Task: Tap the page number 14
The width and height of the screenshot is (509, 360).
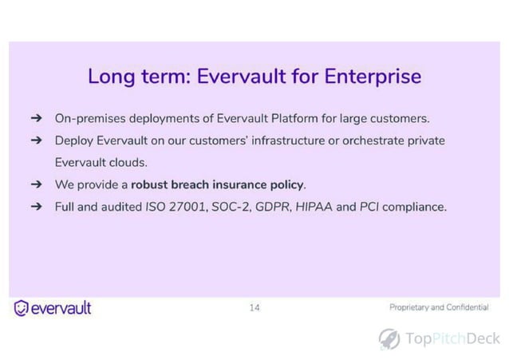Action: (x=254, y=307)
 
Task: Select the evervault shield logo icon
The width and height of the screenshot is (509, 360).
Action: (x=22, y=308)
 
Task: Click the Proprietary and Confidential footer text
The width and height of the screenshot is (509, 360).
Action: (x=439, y=307)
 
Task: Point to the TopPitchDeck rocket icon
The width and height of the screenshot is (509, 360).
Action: (x=389, y=338)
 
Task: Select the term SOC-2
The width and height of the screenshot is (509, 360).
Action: (x=229, y=207)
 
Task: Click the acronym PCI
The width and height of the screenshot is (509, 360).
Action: (x=368, y=207)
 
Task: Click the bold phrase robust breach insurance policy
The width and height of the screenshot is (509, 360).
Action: (x=218, y=184)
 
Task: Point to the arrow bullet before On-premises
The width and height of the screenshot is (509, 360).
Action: (x=36, y=118)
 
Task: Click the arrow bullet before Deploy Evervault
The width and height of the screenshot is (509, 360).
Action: (x=36, y=140)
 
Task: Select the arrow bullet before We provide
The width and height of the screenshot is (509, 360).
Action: (x=36, y=184)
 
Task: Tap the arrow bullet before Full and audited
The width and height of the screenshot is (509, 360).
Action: (x=36, y=207)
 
